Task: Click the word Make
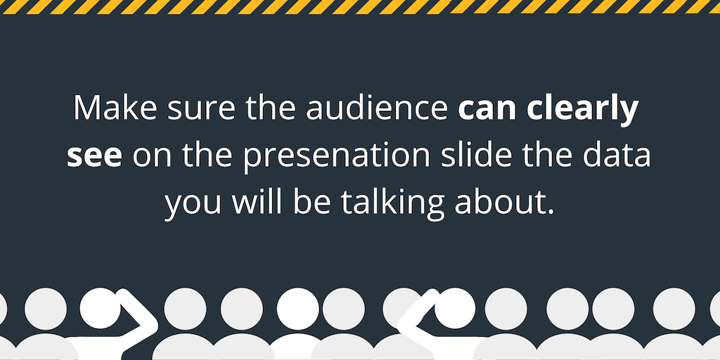point(115,110)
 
